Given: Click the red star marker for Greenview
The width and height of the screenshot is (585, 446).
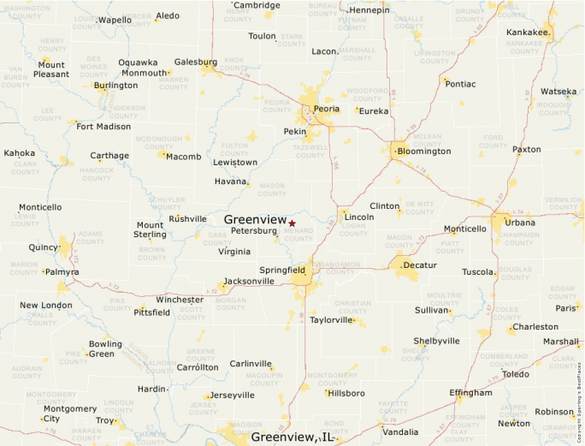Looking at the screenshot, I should [292, 223].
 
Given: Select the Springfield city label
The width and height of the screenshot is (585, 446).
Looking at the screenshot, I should [282, 270].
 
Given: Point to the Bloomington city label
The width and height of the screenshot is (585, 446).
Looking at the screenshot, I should [424, 152].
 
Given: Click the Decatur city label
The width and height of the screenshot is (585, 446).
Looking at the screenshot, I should [419, 265].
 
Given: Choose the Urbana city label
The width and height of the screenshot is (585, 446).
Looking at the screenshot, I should [519, 223].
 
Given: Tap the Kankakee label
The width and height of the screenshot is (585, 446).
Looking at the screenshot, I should [527, 33].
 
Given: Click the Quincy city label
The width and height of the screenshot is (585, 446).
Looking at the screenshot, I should [44, 247].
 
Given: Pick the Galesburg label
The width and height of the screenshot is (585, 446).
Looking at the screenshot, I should [196, 62].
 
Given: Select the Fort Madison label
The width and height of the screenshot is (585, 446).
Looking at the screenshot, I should [103, 127].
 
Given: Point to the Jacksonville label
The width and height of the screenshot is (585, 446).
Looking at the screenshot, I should [249, 282].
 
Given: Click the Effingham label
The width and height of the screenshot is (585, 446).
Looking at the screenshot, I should [471, 393].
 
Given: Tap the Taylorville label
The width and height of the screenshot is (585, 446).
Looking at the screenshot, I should [331, 320].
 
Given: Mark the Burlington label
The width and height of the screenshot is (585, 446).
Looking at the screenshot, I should [115, 86].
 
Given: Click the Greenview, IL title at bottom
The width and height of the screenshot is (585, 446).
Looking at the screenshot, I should [292, 437].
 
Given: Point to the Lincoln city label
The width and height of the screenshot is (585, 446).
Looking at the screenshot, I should [358, 217].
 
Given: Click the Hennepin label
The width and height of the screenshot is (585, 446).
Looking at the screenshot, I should [369, 10].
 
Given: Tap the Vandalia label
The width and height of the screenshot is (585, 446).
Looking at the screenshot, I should [400, 432].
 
